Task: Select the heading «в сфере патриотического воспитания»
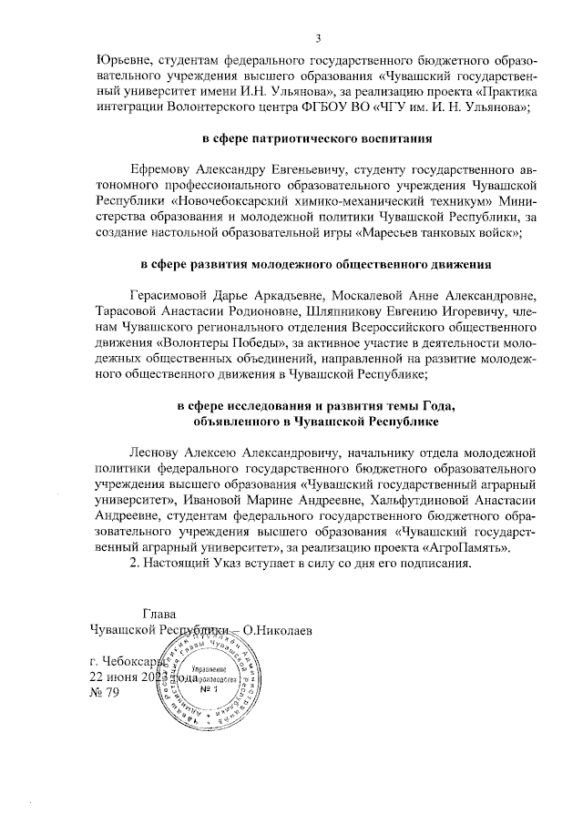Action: point(316,138)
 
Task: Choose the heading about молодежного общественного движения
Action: point(316,265)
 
